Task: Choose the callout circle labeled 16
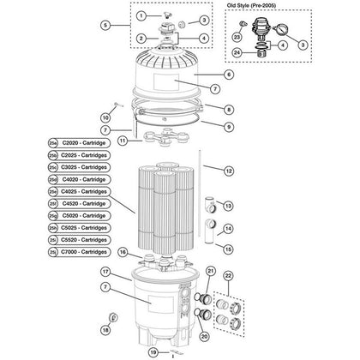coord(123,252)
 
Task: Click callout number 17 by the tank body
coord(105,272)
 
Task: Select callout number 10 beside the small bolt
coord(106,117)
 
